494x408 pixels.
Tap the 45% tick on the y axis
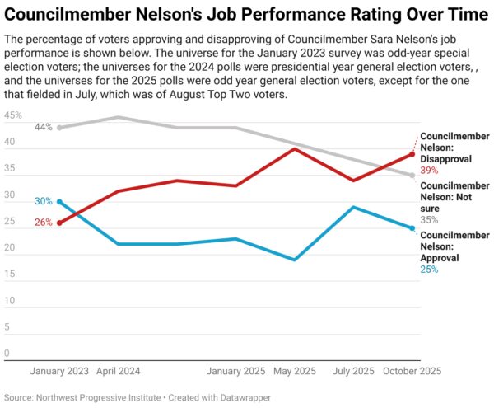click(13, 116)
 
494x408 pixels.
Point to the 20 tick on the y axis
click(11, 248)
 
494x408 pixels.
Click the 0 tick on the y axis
click(7, 354)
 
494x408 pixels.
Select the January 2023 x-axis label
click(60, 371)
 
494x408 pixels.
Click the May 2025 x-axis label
click(294, 371)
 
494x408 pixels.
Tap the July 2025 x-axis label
click(352, 371)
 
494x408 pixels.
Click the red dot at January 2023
click(60, 223)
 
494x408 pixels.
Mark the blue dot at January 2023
click(60, 201)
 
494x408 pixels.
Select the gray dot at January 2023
click(60, 128)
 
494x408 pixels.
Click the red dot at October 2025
click(412, 154)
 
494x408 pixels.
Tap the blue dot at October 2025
click(412, 228)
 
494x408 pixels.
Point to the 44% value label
click(43, 128)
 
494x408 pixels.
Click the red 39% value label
click(430, 170)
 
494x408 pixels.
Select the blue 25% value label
click(430, 269)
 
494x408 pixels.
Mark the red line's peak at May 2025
click(295, 149)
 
